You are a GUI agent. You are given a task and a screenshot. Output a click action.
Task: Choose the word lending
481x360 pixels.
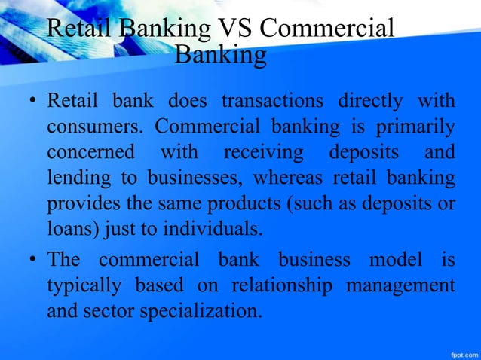(73, 178)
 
